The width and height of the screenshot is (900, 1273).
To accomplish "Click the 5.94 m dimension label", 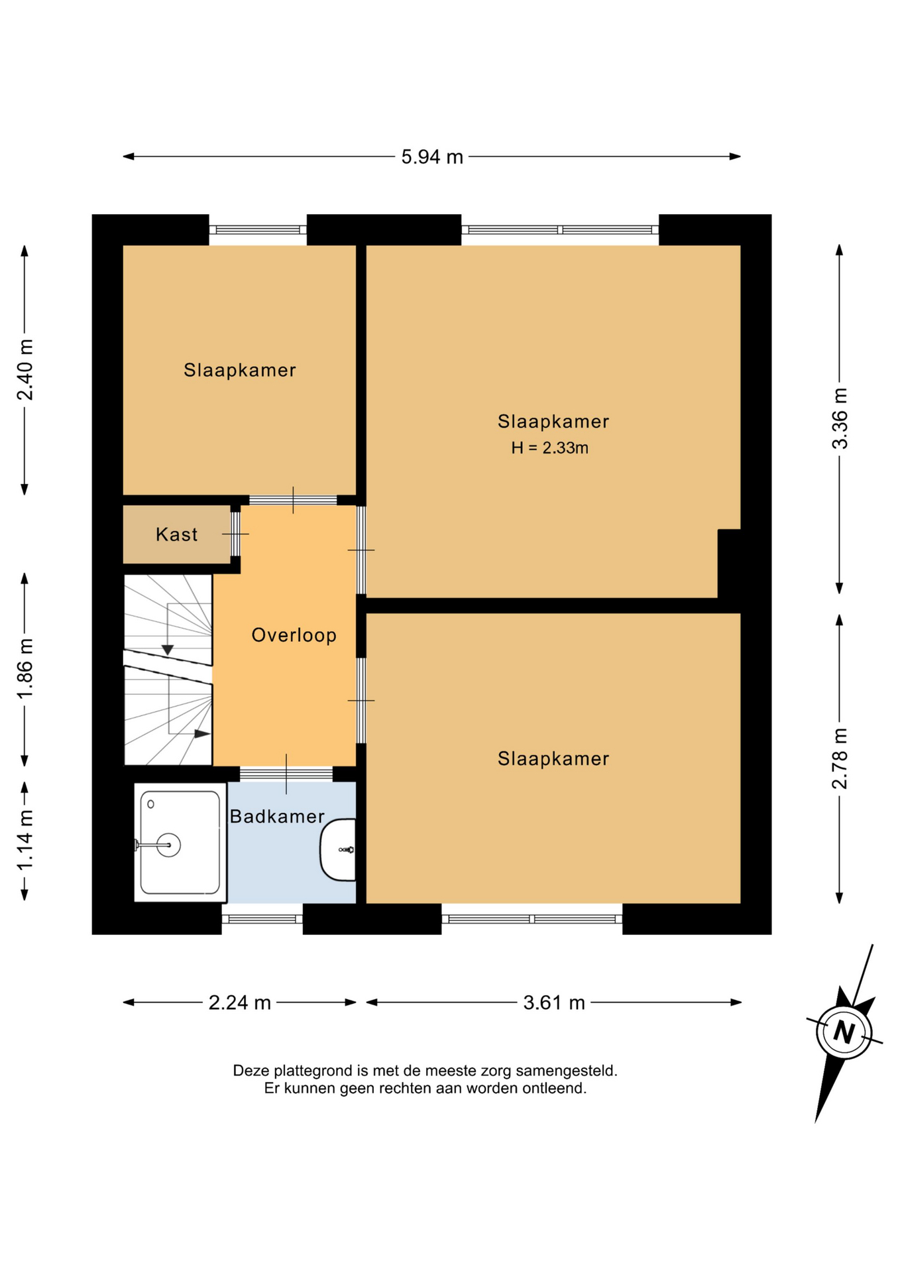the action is point(432,157).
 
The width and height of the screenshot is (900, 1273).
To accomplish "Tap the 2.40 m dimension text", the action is point(25,370).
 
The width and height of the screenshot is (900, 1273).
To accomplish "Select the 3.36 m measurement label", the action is point(840,418).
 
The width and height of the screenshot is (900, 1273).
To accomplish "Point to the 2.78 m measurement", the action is point(840,758).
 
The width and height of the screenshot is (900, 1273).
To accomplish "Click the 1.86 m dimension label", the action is point(25,668).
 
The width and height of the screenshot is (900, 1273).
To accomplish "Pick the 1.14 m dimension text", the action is point(25,841).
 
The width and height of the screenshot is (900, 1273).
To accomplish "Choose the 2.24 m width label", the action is point(240,1002).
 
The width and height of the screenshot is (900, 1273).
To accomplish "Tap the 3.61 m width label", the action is point(554,1002).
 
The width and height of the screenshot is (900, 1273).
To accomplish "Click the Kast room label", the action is point(177,534).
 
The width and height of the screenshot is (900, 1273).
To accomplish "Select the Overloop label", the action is point(294,635).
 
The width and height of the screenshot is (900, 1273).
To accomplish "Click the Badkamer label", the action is point(277,816).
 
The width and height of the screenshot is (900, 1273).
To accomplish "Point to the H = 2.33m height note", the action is point(549,448).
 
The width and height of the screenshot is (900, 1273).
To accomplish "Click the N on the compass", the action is point(844,1032).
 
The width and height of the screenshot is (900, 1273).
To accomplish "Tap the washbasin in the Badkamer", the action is point(338,849).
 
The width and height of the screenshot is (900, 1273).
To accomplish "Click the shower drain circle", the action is point(169,845).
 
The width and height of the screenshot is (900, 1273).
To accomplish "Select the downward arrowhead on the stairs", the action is point(168,650).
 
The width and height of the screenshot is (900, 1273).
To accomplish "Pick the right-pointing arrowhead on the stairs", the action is point(202,734).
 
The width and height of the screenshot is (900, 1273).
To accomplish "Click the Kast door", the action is point(235,534).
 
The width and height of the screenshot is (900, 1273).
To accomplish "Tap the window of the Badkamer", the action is point(262,919).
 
